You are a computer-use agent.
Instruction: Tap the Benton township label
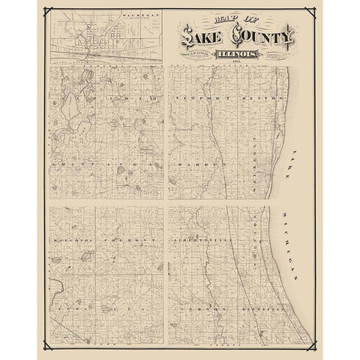click(265, 99)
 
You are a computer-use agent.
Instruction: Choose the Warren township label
click(199, 162)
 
